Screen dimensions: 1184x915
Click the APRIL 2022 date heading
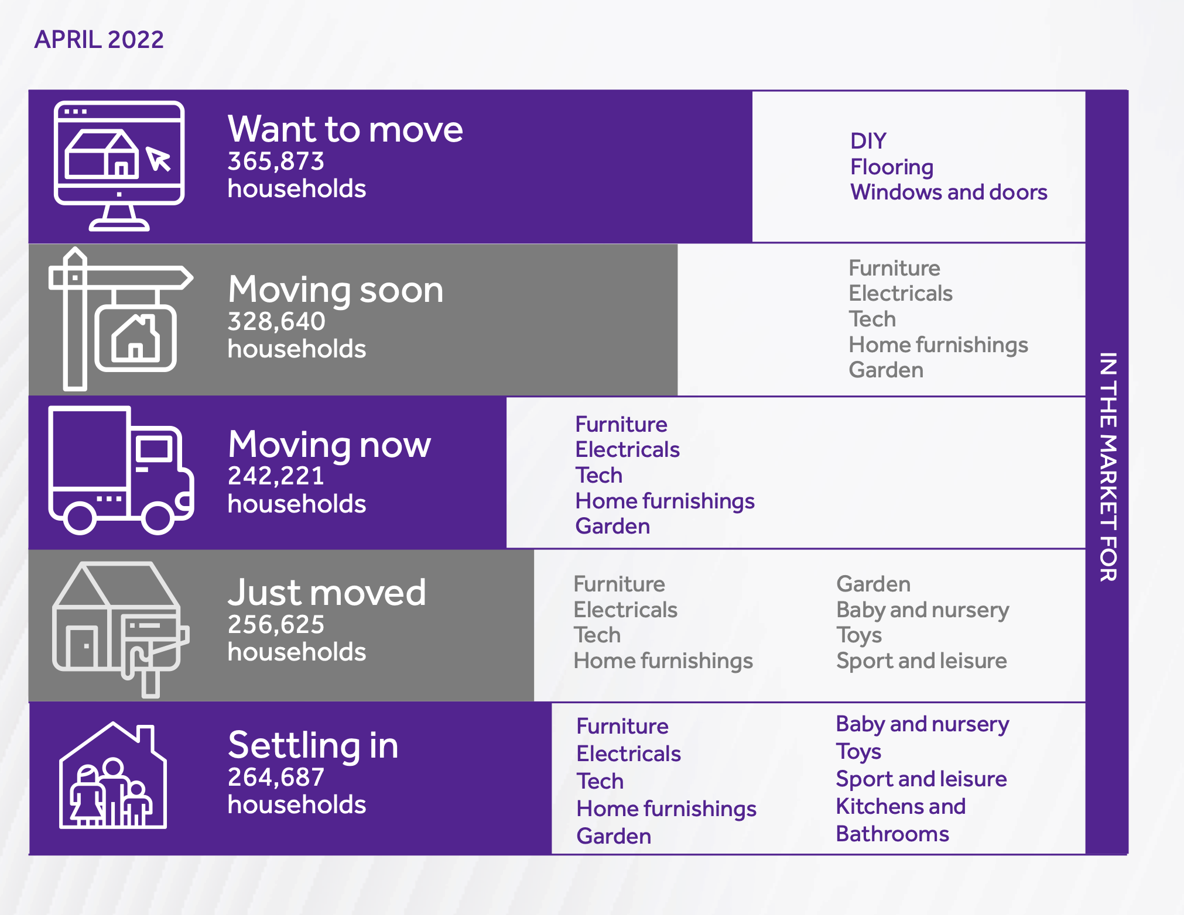click(x=99, y=40)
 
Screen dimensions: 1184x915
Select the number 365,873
click(x=276, y=161)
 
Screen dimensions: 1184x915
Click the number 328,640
click(x=276, y=321)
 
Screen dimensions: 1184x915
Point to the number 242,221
click(x=276, y=476)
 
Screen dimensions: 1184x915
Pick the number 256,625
click(x=276, y=624)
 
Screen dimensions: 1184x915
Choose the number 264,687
click(x=276, y=777)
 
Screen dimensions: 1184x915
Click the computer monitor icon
click(x=119, y=166)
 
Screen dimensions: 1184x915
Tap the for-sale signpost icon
click(x=121, y=319)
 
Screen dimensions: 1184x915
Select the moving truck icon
click(x=121, y=470)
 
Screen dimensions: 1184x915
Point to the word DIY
click(x=868, y=141)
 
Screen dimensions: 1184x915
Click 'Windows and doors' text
click(x=949, y=192)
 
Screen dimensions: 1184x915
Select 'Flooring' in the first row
click(x=892, y=167)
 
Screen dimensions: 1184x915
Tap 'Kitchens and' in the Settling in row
click(x=901, y=806)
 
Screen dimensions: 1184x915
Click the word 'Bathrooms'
click(x=892, y=834)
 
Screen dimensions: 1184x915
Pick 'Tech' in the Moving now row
click(x=598, y=475)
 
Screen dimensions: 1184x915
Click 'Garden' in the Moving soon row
click(x=886, y=370)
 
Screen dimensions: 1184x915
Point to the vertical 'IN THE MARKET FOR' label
click(x=1108, y=467)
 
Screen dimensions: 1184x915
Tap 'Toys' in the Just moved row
click(x=859, y=635)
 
